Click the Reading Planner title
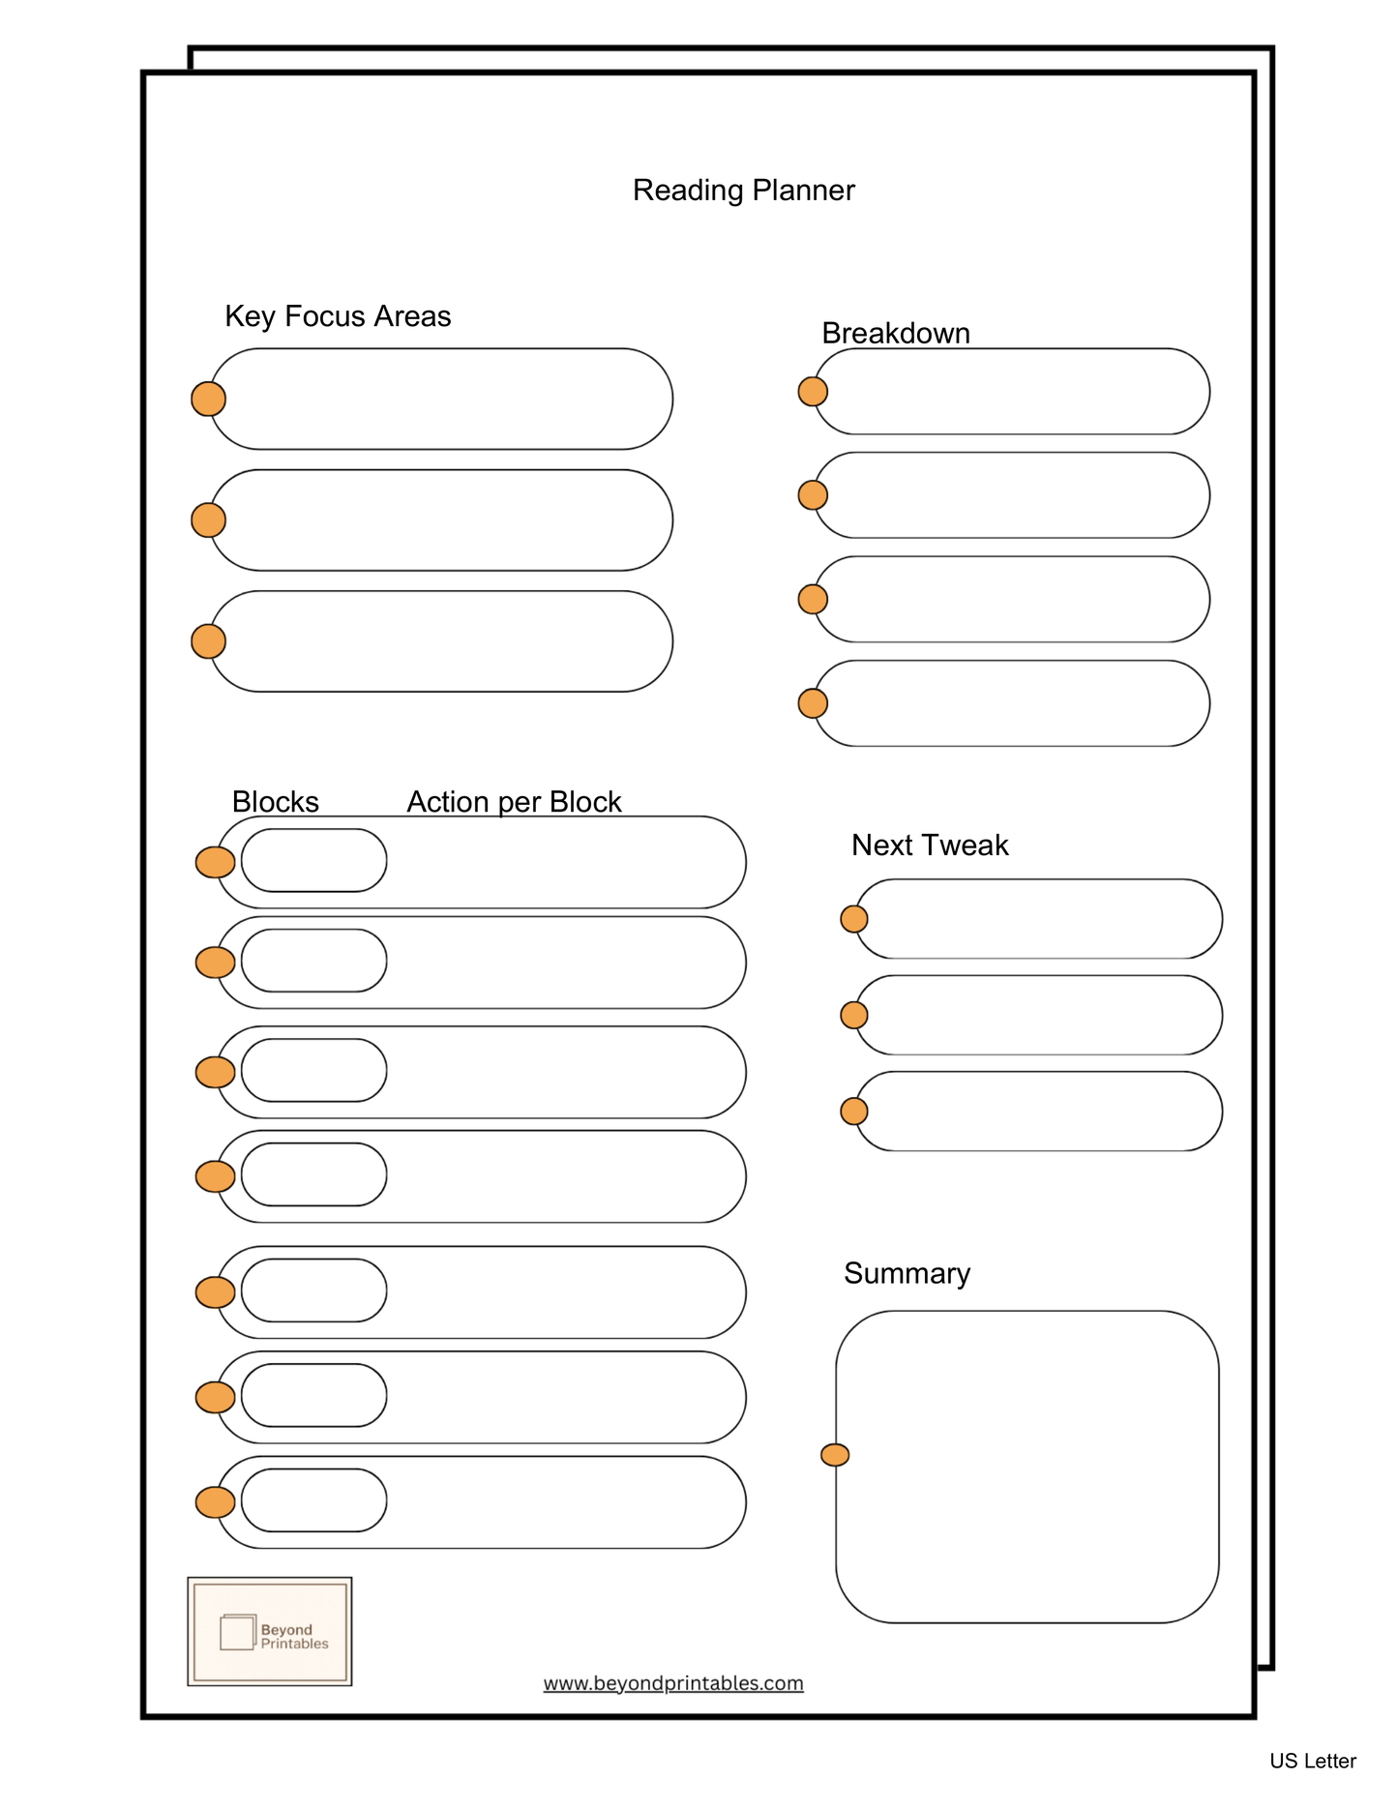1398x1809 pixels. click(x=743, y=191)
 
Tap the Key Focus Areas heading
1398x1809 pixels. click(x=338, y=316)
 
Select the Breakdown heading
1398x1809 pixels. click(x=895, y=333)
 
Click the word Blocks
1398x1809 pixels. click(x=275, y=802)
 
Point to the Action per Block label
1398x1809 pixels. click(x=514, y=802)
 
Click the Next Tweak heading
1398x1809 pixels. click(x=929, y=845)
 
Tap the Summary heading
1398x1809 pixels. click(x=907, y=1273)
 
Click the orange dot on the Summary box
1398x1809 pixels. click(x=835, y=1454)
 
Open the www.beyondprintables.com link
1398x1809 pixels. click(x=673, y=1683)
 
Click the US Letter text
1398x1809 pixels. click(x=1312, y=1761)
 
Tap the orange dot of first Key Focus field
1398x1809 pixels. click(x=208, y=399)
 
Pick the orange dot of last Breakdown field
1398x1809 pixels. click(x=813, y=703)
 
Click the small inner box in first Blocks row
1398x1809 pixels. click(x=314, y=860)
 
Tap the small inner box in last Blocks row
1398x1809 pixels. click(x=314, y=1500)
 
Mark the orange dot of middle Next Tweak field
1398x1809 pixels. click(x=853, y=1015)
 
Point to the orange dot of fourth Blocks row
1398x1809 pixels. click(x=215, y=1176)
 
